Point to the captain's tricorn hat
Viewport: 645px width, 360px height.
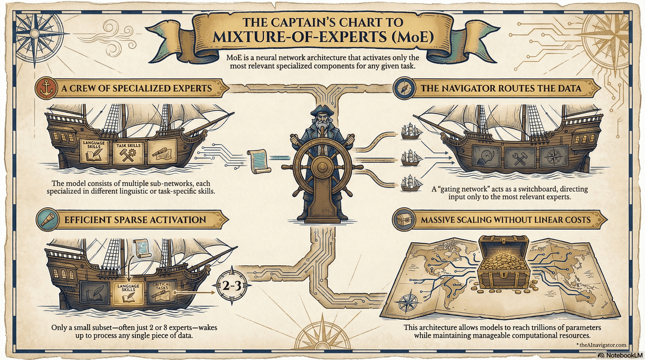322,110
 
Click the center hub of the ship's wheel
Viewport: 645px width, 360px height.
322,167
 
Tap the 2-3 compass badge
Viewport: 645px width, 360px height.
232,286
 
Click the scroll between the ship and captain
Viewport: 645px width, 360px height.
259,161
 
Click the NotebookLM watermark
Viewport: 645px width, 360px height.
621,355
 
